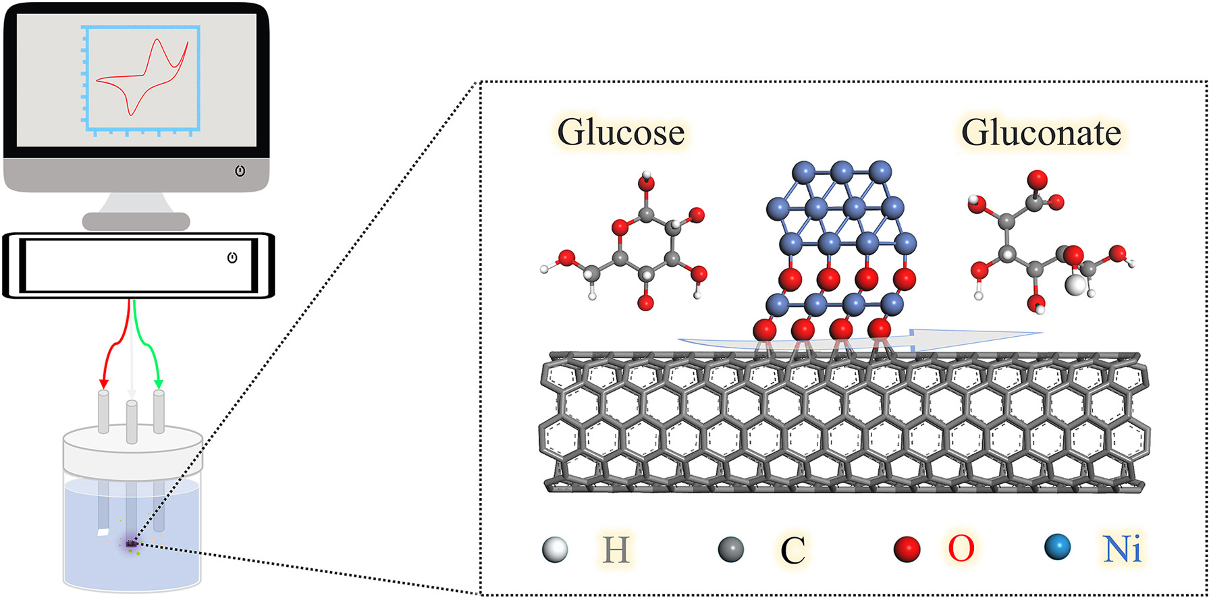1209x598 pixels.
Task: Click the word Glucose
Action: tap(620, 132)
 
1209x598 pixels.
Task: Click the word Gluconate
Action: tap(1041, 132)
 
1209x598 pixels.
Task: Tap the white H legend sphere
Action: tap(554, 549)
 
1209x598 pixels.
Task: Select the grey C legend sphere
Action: tap(731, 549)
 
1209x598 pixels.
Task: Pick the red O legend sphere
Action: tap(907, 549)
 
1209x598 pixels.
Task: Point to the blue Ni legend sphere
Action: tap(1057, 547)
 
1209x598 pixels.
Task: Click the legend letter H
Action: tap(616, 550)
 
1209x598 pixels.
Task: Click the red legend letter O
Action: tap(961, 549)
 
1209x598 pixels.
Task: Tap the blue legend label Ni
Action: tap(1122, 549)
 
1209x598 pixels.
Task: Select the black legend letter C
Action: tap(792, 551)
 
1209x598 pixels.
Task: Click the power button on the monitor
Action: tap(240, 171)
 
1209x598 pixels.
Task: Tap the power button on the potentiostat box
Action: tap(232, 258)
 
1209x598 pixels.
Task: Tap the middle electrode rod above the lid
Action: tap(132, 422)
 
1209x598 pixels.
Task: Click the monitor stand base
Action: tap(136, 221)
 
